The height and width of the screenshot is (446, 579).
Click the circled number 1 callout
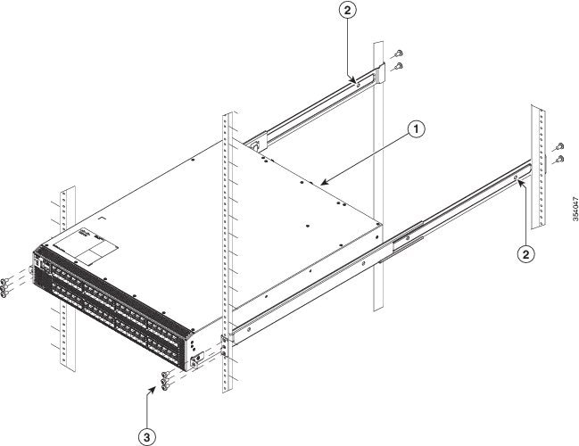click(416, 129)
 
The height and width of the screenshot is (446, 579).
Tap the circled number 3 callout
click(147, 437)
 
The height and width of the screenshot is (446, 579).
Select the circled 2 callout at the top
click(347, 10)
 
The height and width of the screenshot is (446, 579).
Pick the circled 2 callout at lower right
click(525, 254)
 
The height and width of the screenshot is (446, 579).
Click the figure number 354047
click(575, 209)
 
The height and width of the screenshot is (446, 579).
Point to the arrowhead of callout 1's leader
click(323, 183)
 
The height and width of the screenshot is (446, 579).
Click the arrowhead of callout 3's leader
click(153, 389)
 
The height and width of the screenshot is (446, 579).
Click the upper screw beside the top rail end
click(398, 54)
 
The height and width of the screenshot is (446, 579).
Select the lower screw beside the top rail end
click(398, 67)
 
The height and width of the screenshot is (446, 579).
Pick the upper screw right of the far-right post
click(559, 145)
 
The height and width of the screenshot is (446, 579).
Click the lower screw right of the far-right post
click(559, 159)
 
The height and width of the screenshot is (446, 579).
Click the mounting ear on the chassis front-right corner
click(197, 359)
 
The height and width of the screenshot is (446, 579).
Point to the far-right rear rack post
click(538, 166)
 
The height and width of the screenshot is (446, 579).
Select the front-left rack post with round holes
click(67, 278)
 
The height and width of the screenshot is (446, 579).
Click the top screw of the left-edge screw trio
click(4, 281)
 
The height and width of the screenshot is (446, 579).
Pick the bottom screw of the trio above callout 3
click(165, 387)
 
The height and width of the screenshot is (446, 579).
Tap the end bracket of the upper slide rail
click(380, 73)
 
